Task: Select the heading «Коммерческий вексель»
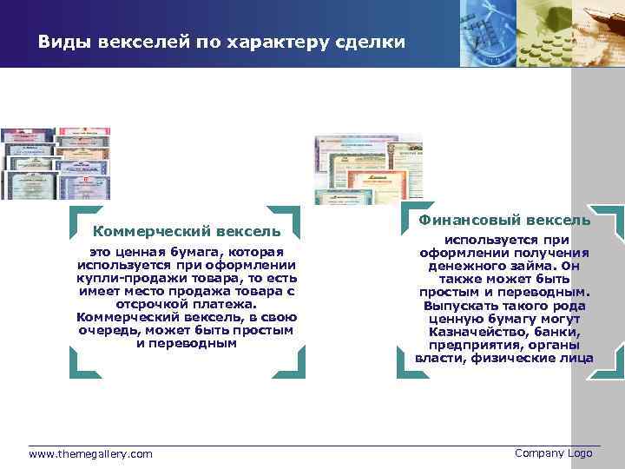(187, 231)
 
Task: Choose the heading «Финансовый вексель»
(504, 221)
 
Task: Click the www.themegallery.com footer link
(90, 454)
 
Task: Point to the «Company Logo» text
(553, 453)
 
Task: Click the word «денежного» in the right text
(464, 266)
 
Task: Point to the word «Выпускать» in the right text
(458, 306)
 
